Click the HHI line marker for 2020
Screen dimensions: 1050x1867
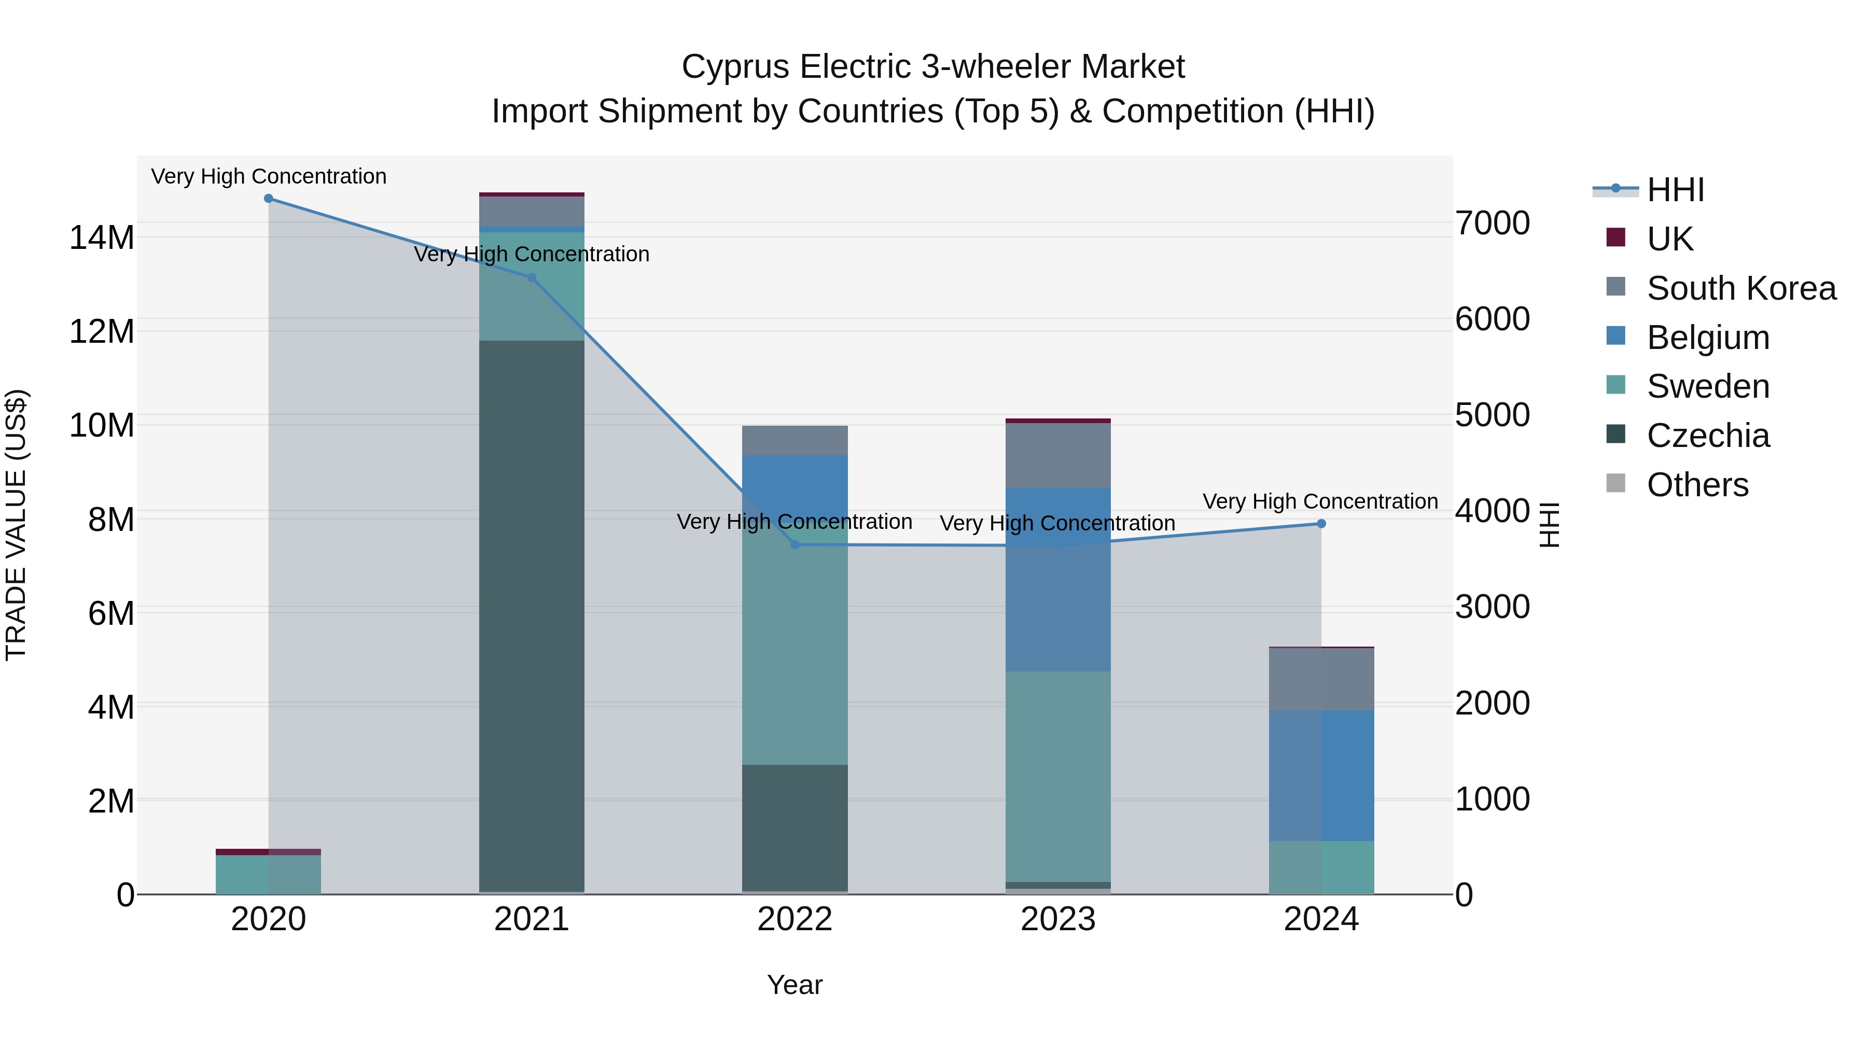[x=268, y=199]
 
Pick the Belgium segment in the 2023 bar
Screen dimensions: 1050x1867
[x=1057, y=580]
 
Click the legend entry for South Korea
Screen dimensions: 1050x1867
[x=1741, y=288]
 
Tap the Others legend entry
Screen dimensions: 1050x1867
[x=1697, y=485]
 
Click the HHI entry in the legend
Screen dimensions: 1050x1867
[x=1675, y=190]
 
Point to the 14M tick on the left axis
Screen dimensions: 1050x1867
[x=102, y=237]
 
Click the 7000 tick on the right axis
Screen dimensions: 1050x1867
[x=1492, y=223]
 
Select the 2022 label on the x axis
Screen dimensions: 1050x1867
[x=795, y=919]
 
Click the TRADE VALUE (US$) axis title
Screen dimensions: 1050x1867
[x=16, y=525]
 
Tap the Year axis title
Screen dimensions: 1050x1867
[x=795, y=985]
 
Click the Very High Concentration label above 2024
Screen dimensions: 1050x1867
[x=1320, y=501]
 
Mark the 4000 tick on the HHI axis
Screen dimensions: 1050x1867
[x=1492, y=511]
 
